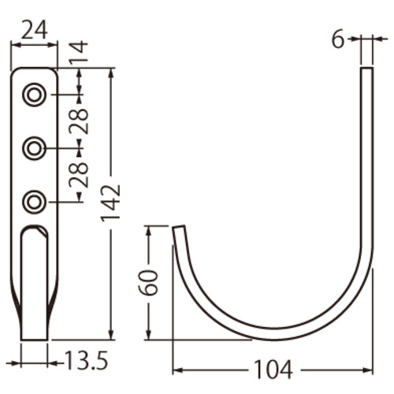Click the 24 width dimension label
click(x=34, y=29)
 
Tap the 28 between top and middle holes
click(x=79, y=121)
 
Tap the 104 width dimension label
click(x=272, y=369)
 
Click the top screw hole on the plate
click(x=34, y=95)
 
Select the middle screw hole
click(x=34, y=147)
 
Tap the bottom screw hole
click(x=34, y=202)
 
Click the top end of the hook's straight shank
click(x=366, y=71)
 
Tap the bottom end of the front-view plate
click(x=33, y=337)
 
